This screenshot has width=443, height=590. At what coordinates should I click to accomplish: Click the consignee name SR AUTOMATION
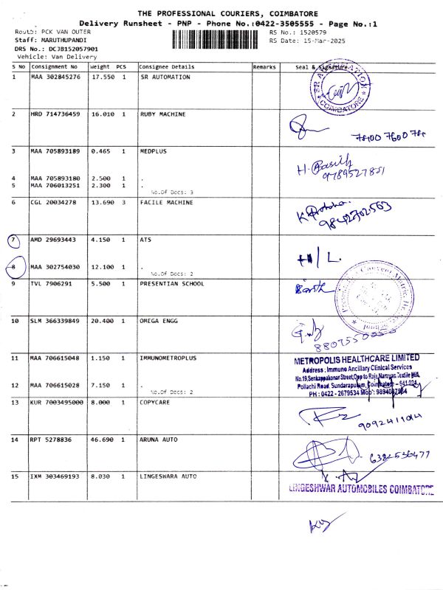coord(165,77)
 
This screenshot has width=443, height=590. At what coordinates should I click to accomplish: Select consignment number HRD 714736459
coord(55,114)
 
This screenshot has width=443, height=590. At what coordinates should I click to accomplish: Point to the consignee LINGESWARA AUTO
coord(168,476)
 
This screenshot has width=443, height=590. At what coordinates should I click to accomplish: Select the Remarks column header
coord(264,66)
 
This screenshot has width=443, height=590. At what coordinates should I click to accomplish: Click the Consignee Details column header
coord(162,66)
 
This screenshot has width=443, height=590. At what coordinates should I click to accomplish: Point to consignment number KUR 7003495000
coord(58,402)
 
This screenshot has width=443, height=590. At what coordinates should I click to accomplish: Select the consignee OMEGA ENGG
coord(159,321)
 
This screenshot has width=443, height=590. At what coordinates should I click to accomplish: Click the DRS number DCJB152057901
coord(71,49)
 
